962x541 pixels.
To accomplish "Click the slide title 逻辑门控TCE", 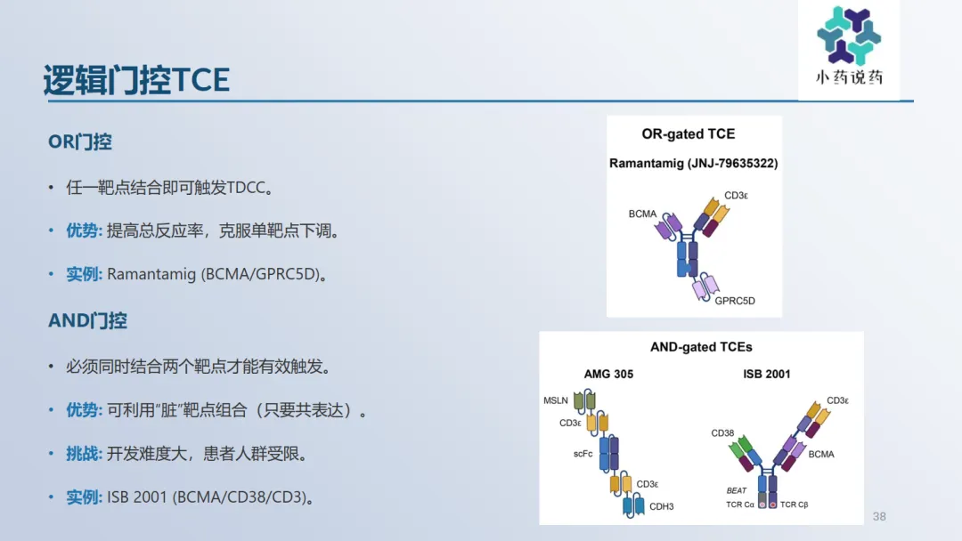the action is tap(137, 80).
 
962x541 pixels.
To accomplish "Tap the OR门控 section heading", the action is tap(80, 142).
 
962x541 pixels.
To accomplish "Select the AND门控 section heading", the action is tap(87, 320).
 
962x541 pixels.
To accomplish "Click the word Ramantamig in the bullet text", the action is tap(151, 274).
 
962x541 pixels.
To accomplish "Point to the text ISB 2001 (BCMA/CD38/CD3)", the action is tap(210, 497).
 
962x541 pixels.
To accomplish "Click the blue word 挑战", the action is tap(83, 454).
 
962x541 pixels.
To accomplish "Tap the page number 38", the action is tap(879, 516).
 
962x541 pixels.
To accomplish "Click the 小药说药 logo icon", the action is tap(849, 36).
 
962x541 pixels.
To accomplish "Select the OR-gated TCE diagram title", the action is tap(689, 133).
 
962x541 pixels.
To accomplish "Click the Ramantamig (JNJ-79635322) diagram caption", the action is tap(693, 163).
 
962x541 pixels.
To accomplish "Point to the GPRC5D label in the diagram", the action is tap(735, 301).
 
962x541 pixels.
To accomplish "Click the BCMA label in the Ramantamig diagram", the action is tap(642, 214).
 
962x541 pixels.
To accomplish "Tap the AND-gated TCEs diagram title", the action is tap(701, 347).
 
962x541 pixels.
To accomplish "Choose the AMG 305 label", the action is tap(608, 374).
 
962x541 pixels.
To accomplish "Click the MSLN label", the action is tap(555, 400).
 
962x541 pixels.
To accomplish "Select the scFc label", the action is tap(583, 454).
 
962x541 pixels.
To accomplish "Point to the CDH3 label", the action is tap(661, 506).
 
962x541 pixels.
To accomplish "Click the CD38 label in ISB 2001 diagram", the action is tap(722, 433).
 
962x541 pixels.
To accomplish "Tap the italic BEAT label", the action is tap(737, 491).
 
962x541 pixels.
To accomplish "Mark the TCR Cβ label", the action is tap(794, 505).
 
